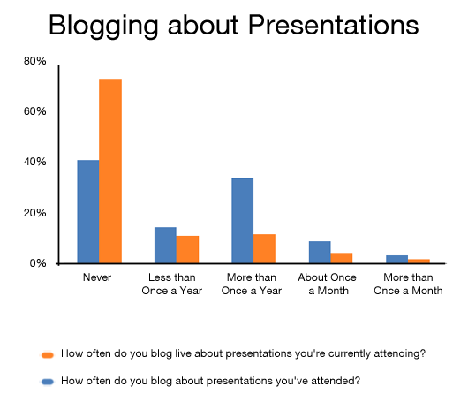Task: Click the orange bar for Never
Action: point(110,171)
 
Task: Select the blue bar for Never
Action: point(88,211)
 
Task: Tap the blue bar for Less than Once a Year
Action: point(165,245)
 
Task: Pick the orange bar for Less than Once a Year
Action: point(187,249)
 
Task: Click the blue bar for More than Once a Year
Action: point(242,221)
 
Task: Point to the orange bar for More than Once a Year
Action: point(264,249)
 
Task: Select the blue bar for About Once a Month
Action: point(320,252)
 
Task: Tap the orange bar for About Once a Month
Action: point(342,258)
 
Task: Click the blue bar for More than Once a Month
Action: point(397,259)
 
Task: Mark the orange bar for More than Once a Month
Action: point(419,261)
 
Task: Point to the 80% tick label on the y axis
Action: point(35,61)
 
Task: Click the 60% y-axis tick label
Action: point(35,111)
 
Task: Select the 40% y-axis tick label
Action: point(35,162)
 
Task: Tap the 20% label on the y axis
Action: point(35,213)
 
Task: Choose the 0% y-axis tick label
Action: point(38,263)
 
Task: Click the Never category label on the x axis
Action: point(97,277)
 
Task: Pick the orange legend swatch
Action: point(48,355)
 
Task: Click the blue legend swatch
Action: point(48,382)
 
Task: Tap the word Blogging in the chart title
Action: point(103,27)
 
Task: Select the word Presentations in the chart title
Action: point(334,25)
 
